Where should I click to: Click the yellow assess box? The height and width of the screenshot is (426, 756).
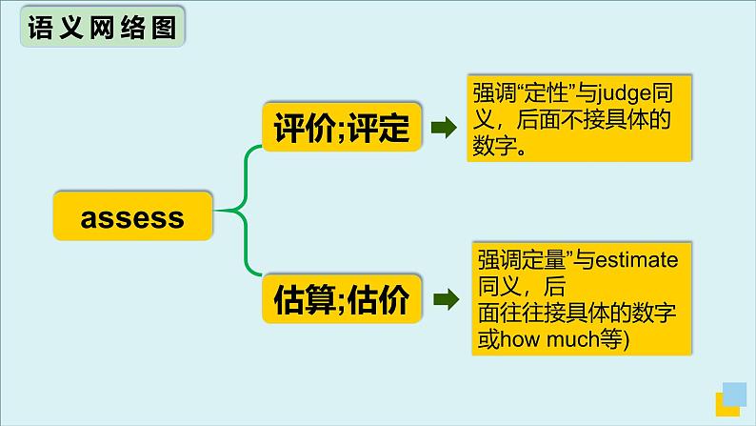point(132,216)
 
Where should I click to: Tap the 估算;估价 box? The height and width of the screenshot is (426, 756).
point(341,300)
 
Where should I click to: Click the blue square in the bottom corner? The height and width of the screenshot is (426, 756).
point(735,395)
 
